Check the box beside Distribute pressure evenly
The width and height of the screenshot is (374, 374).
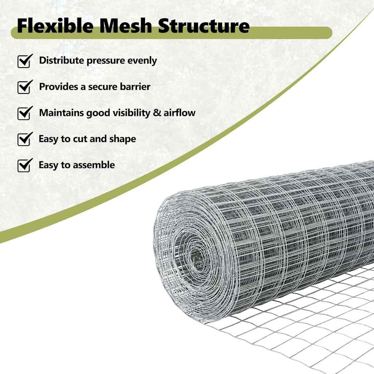pyautogui.click(x=24, y=61)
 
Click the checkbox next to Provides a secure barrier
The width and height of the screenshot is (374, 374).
pyautogui.click(x=24, y=87)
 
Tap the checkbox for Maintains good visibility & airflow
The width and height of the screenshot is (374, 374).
pyautogui.click(x=24, y=113)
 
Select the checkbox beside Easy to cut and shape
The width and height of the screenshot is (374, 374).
pyautogui.click(x=24, y=139)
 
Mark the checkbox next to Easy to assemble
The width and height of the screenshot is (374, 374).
pyautogui.click(x=24, y=165)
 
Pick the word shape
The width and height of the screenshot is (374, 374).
pyautogui.click(x=122, y=139)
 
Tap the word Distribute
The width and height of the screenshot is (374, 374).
pyautogui.click(x=61, y=61)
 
